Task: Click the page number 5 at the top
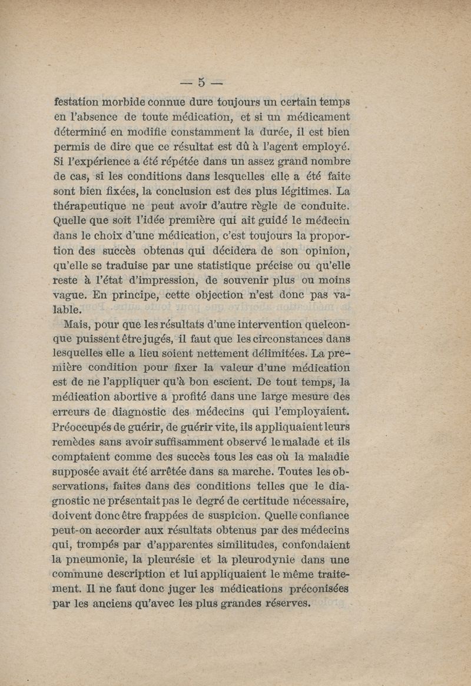[x=201, y=81]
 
